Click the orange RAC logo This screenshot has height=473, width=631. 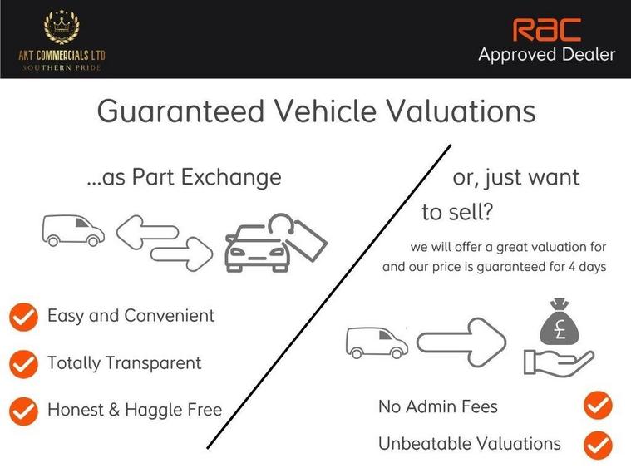[546, 29]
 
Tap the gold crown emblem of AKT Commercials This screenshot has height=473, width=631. [62, 27]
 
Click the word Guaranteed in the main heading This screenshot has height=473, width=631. [180, 111]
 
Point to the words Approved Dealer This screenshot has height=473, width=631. [546, 55]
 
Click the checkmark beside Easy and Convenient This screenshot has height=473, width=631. [24, 317]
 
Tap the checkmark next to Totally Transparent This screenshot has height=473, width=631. [24, 364]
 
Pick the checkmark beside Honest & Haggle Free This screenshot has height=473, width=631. [24, 411]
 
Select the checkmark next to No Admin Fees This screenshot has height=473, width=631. [598, 406]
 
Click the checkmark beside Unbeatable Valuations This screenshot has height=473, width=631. [598, 445]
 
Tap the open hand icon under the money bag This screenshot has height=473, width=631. [559, 363]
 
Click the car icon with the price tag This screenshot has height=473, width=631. [276, 243]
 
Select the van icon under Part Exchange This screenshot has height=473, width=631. [73, 230]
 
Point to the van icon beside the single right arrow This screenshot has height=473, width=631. [377, 342]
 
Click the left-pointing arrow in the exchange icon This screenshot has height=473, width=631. [147, 232]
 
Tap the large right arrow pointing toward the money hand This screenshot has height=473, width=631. [461, 342]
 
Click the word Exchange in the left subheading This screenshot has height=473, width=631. [231, 178]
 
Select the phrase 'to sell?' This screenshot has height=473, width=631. [457, 212]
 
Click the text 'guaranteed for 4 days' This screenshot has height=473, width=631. [541, 267]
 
